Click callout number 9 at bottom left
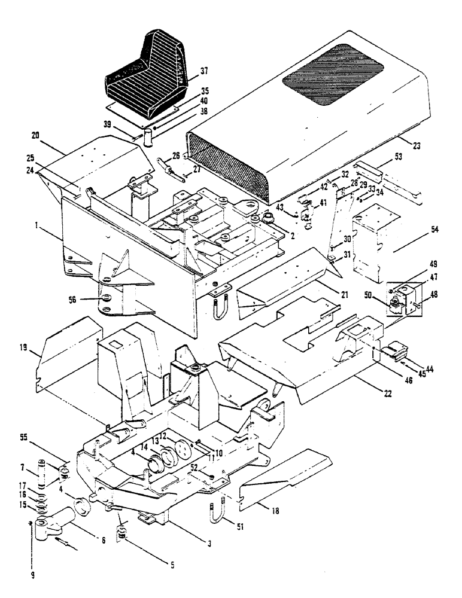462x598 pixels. click(33, 576)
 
